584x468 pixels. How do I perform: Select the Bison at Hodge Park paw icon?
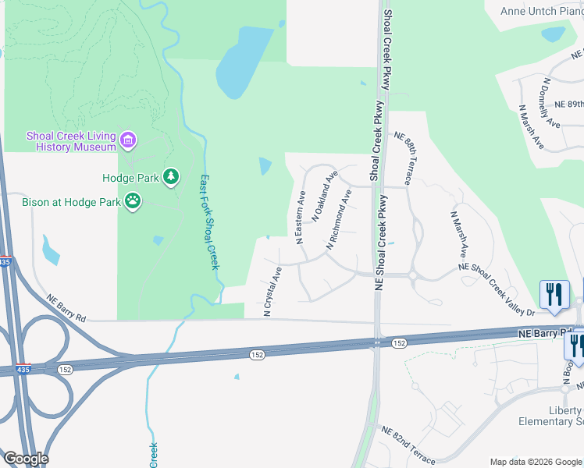(x=134, y=202)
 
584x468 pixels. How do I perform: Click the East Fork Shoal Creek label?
(x=208, y=222)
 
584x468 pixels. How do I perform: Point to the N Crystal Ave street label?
(x=272, y=291)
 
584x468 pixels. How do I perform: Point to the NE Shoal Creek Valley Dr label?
(x=497, y=289)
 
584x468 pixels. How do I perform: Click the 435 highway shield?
(x=5, y=262)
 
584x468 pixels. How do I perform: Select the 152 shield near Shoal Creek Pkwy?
(x=399, y=343)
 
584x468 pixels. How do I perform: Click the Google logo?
(x=26, y=459)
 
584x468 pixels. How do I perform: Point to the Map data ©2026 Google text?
(x=536, y=462)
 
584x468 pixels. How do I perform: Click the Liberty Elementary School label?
(x=550, y=417)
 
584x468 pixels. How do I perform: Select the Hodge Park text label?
(x=130, y=178)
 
